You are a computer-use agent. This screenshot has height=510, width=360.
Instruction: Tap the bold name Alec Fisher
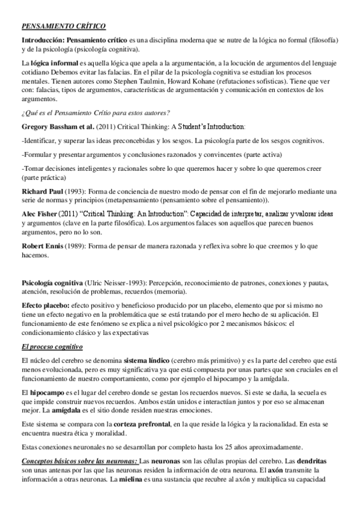(x=41, y=214)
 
